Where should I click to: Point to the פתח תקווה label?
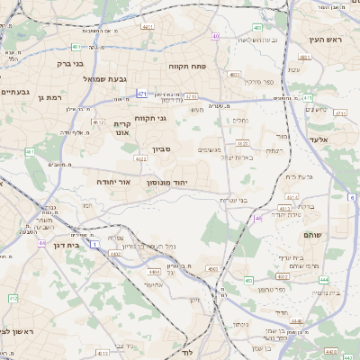click(186, 67)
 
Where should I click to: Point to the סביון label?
click(180, 151)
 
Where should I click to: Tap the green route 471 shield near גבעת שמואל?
click(142, 94)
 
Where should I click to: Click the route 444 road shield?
click(321, 280)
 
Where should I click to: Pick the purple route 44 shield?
click(41, 243)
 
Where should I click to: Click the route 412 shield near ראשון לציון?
click(13, 298)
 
